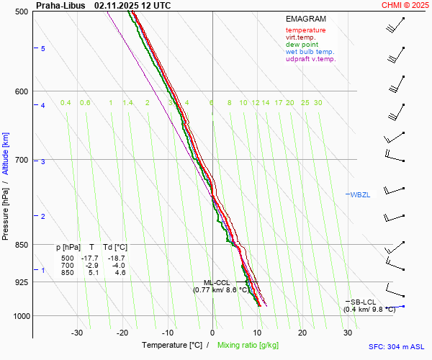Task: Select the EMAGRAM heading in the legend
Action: click(x=305, y=19)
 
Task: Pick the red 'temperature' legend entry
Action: click(x=305, y=30)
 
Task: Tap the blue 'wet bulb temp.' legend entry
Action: click(x=310, y=52)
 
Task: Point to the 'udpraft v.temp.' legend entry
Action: click(x=310, y=59)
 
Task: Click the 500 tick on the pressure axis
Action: click(x=21, y=12)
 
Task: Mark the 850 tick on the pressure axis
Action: click(x=21, y=245)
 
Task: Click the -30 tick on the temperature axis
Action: click(x=77, y=333)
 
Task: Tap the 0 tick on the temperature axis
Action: click(x=212, y=333)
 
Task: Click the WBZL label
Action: click(x=359, y=195)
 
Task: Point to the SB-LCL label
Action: click(x=364, y=302)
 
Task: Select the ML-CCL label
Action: click(x=217, y=282)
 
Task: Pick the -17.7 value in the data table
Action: click(x=90, y=258)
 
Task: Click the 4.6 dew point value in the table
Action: click(x=120, y=273)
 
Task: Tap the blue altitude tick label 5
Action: click(x=42, y=48)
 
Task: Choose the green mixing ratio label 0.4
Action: click(x=66, y=103)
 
